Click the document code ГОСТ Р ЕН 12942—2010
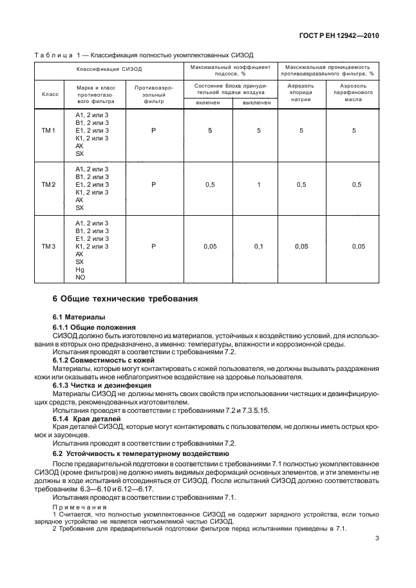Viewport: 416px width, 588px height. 338,36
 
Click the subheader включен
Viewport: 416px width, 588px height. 208,103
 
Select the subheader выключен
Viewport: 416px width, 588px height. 256,103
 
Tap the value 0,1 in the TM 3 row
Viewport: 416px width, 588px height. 259,247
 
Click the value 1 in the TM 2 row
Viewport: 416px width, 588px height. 259,185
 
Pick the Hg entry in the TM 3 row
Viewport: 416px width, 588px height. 80,270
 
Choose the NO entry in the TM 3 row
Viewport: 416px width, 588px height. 80,278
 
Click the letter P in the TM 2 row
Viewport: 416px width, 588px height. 153,185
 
